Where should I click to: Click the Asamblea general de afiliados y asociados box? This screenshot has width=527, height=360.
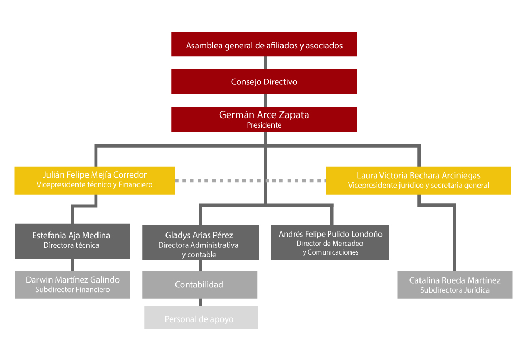(264, 44)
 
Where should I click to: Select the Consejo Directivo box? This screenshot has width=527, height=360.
(264, 81)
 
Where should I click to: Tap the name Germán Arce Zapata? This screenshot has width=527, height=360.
(264, 114)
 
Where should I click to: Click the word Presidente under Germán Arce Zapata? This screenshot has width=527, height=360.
(264, 125)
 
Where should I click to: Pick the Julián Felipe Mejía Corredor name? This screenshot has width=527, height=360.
(94, 175)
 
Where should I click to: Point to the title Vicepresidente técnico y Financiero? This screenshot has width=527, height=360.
(94, 184)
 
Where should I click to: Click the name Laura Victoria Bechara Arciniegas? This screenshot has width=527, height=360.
(418, 176)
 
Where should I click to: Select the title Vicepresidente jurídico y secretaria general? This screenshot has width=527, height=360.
(418, 185)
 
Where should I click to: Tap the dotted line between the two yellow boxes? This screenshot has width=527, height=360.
(250, 181)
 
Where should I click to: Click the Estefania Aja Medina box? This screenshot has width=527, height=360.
(73, 242)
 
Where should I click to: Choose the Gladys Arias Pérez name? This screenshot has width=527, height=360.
(199, 235)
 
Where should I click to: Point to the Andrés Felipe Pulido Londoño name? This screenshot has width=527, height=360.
(330, 234)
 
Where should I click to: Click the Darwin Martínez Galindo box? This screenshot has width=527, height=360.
(73, 285)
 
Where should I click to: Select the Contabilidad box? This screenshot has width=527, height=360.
(200, 285)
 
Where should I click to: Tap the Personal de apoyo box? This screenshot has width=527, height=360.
(201, 318)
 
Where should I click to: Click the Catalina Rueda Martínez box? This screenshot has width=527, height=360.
(455, 285)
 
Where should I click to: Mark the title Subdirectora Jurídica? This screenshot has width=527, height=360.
(455, 290)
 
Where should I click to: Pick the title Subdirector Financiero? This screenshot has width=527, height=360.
(73, 289)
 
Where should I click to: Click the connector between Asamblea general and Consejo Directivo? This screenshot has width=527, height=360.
(266, 63)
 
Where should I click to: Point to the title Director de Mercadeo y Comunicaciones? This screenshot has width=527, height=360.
(330, 248)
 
